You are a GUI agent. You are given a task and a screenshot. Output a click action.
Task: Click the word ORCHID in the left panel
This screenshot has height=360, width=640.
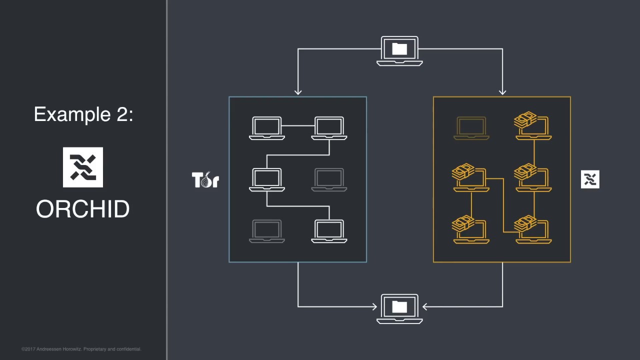tap(83, 209)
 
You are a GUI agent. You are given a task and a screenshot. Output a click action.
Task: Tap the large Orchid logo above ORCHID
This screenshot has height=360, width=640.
tap(83, 167)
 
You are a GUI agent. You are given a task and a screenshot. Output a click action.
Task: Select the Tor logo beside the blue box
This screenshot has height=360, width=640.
tap(205, 180)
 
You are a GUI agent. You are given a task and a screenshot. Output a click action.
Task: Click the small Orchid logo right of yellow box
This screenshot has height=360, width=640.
tap(590, 179)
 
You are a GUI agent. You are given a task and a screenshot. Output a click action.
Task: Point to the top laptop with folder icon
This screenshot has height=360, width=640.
tap(399, 50)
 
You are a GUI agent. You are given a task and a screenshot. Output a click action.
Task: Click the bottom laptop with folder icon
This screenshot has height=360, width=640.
tap(399, 308)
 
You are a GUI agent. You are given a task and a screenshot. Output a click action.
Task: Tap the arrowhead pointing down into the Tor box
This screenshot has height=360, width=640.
tap(298, 91)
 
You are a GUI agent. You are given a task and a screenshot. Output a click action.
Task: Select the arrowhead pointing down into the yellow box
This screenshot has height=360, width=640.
tap(502, 91)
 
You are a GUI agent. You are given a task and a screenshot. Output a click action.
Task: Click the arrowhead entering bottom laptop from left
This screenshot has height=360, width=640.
tap(373, 306)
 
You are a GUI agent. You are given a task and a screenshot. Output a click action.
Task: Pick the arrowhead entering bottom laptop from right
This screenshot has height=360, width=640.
tap(425, 306)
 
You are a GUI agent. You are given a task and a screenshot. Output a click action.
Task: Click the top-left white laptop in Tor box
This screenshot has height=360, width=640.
tap(267, 128)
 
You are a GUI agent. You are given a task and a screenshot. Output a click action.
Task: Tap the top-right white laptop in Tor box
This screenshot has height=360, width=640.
tap(329, 128)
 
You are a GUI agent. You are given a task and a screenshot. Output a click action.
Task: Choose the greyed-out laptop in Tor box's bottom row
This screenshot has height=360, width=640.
tap(267, 231)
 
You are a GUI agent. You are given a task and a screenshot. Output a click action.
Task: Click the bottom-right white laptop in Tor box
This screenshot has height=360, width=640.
tap(329, 231)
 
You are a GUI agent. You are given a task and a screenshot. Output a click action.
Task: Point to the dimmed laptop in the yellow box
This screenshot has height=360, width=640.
tap(471, 128)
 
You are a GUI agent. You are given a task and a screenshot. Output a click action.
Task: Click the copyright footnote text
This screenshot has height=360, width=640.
tap(81, 349)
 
